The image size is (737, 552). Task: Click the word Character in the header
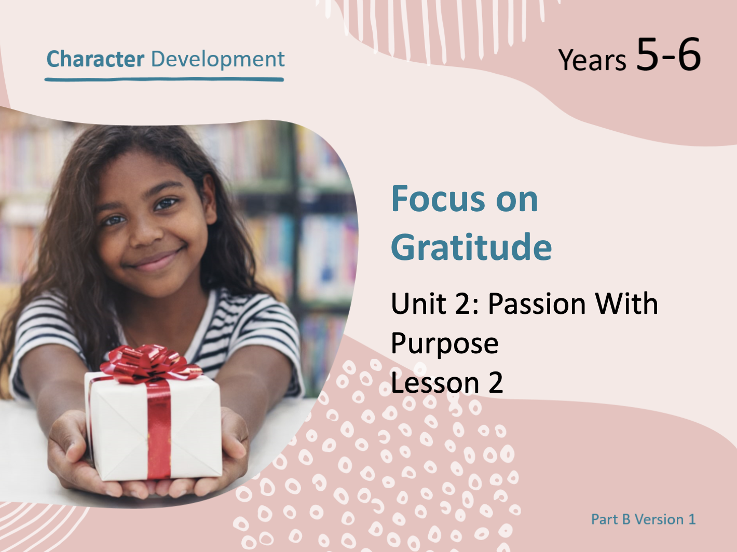click(95, 59)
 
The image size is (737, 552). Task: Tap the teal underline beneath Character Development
click(164, 79)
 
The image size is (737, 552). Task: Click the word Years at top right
click(592, 60)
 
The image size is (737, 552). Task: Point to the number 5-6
click(668, 54)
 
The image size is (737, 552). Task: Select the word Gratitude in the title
click(471, 246)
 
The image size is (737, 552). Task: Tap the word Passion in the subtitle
click(537, 303)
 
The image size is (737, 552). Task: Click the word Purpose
click(445, 344)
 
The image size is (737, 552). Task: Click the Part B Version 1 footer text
click(643, 519)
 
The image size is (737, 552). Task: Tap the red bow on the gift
click(151, 364)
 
